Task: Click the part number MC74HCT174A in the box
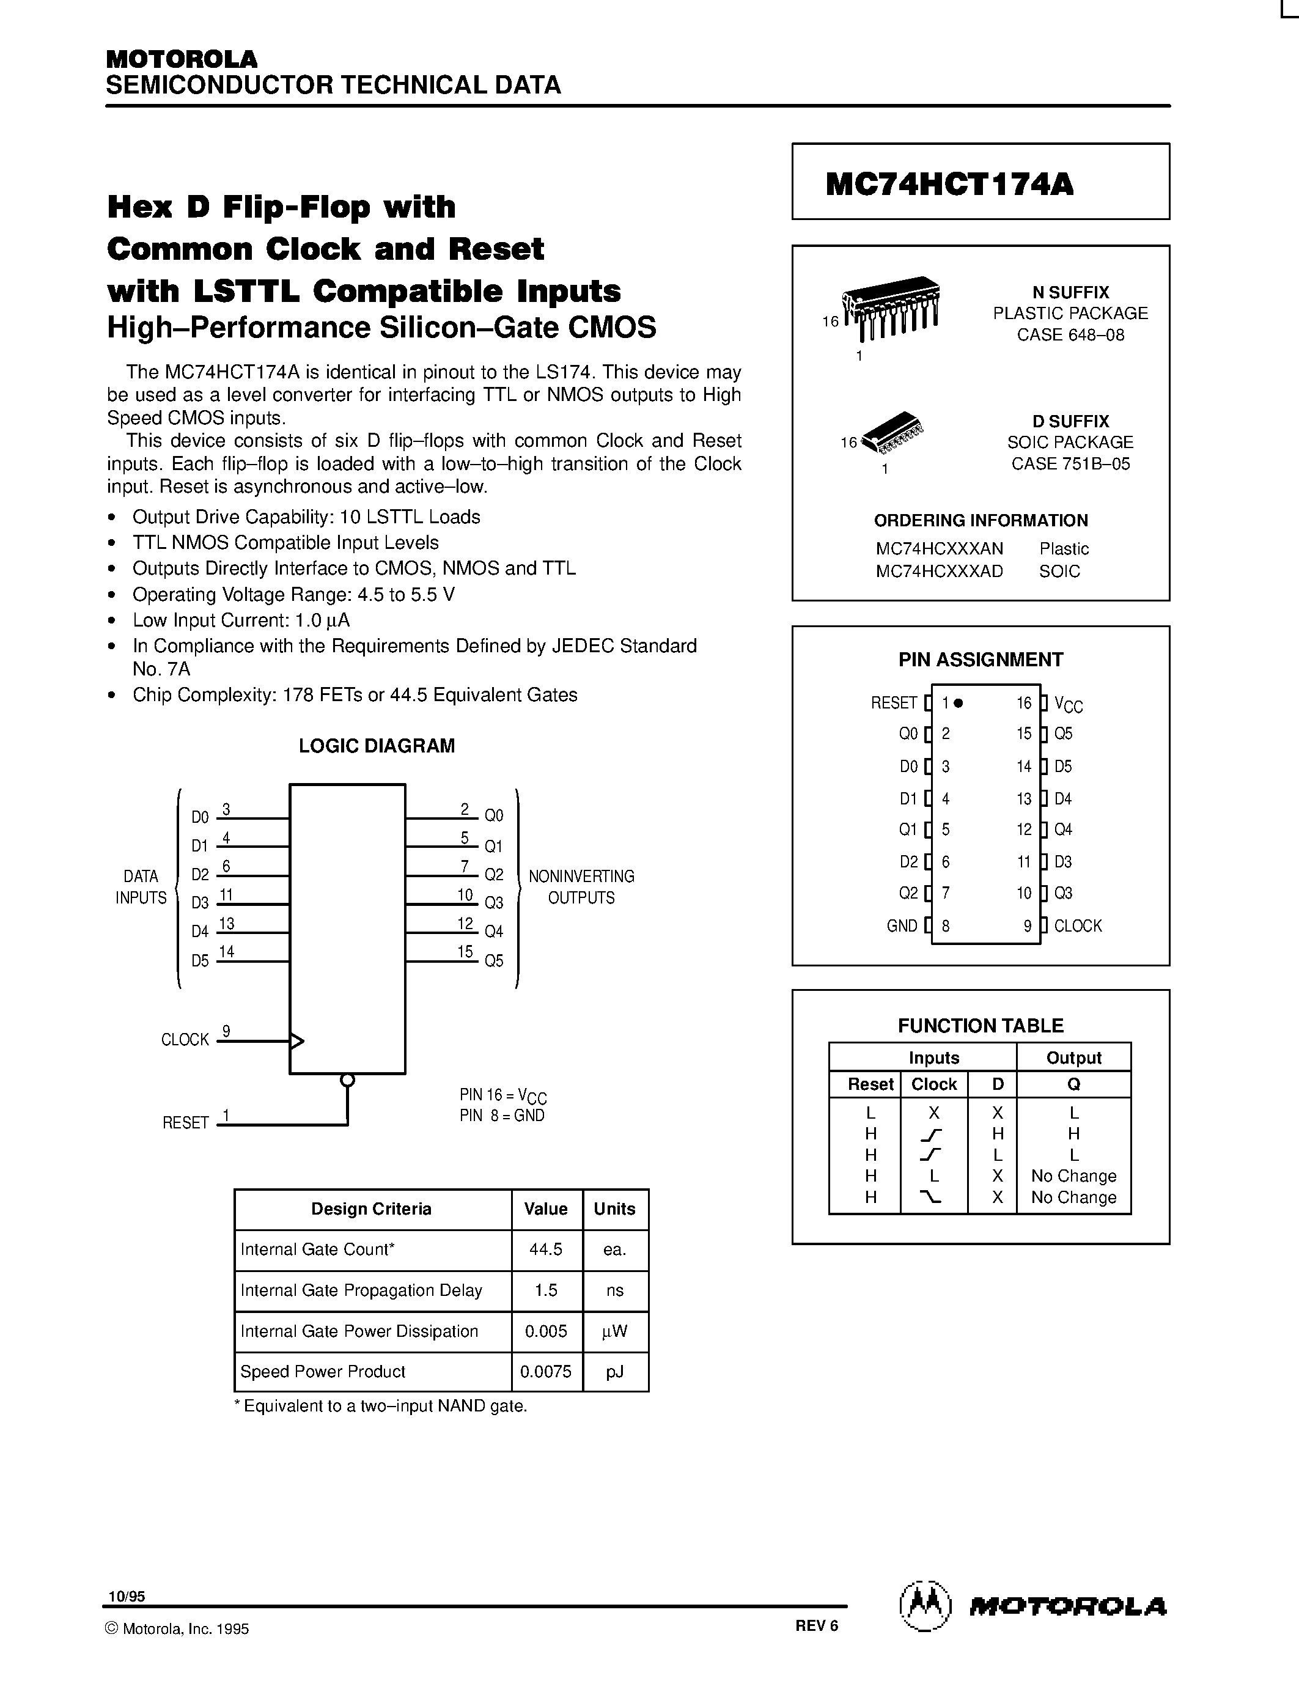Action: point(949,184)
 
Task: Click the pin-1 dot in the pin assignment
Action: point(958,703)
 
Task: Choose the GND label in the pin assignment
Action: point(902,926)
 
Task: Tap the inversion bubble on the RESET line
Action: point(347,1081)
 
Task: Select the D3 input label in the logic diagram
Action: point(200,902)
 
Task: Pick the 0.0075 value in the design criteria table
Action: point(546,1372)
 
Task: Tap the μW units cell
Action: point(614,1331)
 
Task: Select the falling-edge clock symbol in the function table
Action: point(933,1197)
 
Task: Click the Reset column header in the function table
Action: point(870,1084)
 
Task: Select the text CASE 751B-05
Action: point(1070,463)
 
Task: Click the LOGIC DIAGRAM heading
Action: point(377,746)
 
